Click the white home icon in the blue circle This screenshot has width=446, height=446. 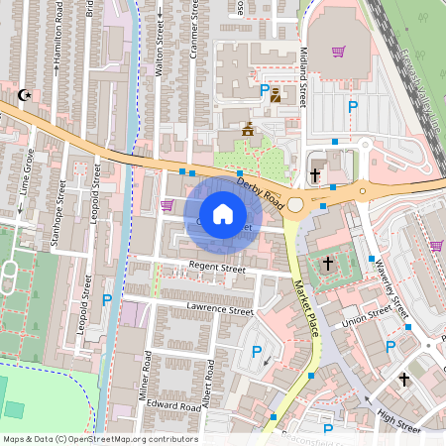coord(223,213)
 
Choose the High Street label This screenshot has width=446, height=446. coord(399,422)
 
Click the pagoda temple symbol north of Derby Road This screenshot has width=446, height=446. coord(247,129)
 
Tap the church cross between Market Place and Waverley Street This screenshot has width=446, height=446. coord(328,264)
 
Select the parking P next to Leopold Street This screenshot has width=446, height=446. coord(107,299)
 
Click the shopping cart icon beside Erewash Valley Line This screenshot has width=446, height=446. coord(338,52)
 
